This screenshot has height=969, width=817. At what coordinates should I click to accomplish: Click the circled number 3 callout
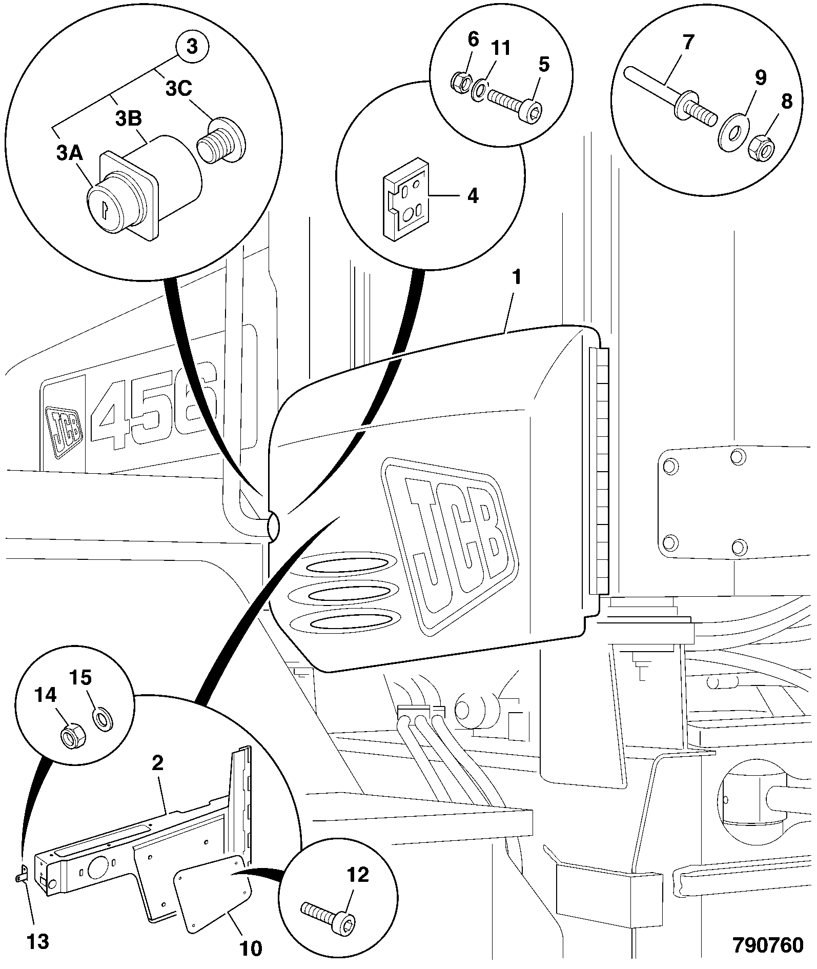coord(191,47)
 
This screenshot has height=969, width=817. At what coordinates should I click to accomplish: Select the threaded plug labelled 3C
coord(221,143)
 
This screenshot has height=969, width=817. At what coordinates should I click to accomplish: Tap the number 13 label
coord(38,940)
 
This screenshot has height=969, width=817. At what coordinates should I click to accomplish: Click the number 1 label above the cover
coord(516,277)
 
